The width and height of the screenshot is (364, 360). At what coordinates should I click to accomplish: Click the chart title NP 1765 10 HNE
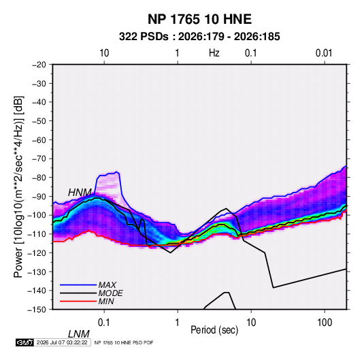coord(199,19)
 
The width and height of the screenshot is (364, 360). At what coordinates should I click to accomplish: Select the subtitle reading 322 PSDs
coord(144,37)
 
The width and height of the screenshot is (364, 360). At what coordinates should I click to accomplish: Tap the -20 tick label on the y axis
coord(39,65)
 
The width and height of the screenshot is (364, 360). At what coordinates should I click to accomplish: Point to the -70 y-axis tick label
coord(39,159)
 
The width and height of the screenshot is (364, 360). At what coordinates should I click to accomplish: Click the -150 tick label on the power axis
coord(37,310)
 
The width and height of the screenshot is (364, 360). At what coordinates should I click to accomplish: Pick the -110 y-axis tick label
coord(37,234)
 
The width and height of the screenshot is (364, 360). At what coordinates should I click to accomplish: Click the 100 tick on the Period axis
coord(325,323)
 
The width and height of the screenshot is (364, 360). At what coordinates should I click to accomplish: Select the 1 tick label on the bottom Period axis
coord(178,323)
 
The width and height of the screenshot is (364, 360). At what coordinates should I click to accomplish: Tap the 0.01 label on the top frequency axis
coord(324,53)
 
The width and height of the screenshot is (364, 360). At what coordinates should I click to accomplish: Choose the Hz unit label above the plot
coord(214,53)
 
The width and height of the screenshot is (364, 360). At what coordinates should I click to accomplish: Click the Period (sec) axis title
coord(214,330)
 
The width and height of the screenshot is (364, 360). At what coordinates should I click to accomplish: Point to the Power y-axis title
coord(18,186)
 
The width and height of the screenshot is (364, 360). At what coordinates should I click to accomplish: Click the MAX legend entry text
coord(107,284)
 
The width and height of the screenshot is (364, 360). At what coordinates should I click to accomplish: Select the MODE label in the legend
coord(110,293)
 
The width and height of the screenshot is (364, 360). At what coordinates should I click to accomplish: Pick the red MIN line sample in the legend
coord(78,301)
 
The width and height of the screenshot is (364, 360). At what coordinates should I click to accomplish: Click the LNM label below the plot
coord(79,334)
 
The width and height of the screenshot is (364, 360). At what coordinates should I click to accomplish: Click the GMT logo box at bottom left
coord(25,342)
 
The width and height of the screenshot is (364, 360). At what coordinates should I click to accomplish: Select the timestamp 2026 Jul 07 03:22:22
coord(62,342)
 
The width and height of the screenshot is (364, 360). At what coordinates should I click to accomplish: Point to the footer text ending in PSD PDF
coord(124,342)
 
